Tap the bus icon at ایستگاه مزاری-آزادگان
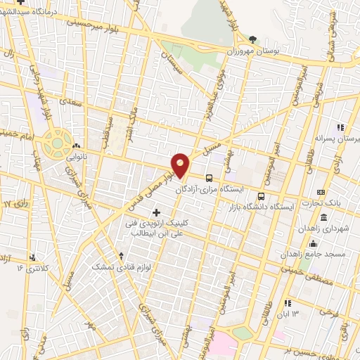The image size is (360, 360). point(209,177)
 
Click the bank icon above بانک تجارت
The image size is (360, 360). point(321,192)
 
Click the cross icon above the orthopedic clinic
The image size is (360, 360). point(155,212)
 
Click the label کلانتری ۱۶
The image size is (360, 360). point(34,269)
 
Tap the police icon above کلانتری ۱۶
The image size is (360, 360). point(33,257)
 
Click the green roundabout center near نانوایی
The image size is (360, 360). point(55,143)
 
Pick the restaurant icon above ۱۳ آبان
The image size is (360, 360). point(286,303)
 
